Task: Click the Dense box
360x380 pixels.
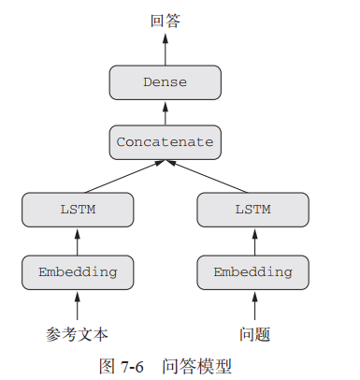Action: (x=166, y=82)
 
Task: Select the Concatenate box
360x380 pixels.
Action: (x=166, y=142)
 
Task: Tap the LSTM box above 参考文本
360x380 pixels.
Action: (x=78, y=210)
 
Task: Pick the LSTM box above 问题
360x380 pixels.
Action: (x=253, y=210)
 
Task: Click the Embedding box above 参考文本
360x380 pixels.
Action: (x=78, y=272)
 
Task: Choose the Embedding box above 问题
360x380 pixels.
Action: (x=253, y=272)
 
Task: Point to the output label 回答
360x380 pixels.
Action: (x=166, y=21)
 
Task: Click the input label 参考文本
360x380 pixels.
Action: (x=77, y=334)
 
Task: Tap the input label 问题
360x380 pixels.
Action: (x=254, y=334)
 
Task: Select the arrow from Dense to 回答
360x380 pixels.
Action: (x=166, y=50)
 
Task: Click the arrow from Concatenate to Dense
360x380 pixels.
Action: (x=166, y=113)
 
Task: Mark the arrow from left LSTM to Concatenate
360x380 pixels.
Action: (x=124, y=177)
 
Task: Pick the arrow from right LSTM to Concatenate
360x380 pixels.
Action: (x=207, y=177)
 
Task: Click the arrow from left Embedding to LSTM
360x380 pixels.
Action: (x=78, y=241)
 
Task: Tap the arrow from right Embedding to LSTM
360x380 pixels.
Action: (x=254, y=241)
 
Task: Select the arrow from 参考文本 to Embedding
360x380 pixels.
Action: (x=78, y=306)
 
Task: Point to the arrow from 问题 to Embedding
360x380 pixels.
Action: (x=254, y=306)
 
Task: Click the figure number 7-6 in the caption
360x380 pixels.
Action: (x=132, y=366)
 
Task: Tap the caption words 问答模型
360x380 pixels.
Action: (x=197, y=366)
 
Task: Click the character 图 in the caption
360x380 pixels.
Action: (x=108, y=366)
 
